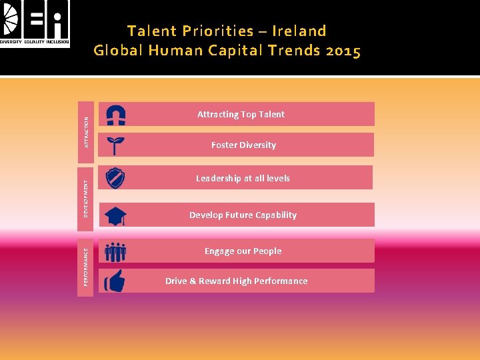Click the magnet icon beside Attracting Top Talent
point(116,115)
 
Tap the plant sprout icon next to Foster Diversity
point(116,145)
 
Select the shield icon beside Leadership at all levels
point(116,178)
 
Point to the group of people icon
point(115,251)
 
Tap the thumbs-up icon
point(115,281)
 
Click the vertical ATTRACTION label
point(85,129)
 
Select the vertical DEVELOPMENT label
point(85,197)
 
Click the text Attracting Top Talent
point(241,115)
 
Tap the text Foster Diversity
point(243,145)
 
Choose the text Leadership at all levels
point(243,179)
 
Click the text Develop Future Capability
point(243,215)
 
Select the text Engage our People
point(243,251)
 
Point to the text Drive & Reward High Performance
point(236,281)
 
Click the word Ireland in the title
point(301,31)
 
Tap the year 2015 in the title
point(342,51)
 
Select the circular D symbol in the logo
point(11,19)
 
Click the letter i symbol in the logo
point(59,19)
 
